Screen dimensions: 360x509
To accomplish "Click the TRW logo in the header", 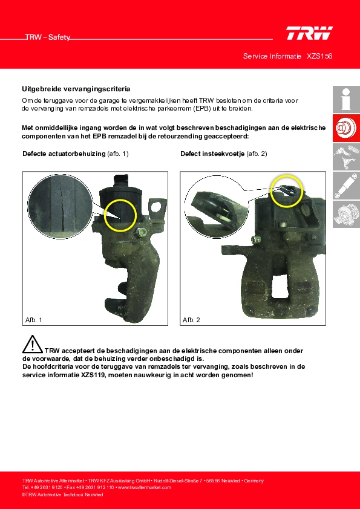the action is (309, 33).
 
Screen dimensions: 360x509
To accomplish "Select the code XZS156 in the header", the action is (319, 56).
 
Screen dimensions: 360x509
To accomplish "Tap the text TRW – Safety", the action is (48, 37).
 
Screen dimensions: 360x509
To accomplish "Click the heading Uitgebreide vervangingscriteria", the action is (76, 89).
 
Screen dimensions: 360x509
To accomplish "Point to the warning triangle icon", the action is (33, 344).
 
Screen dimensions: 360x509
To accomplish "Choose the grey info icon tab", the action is (346, 99).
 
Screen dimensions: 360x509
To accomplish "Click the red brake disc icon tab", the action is (346, 128).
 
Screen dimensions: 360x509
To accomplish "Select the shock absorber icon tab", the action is (346, 186).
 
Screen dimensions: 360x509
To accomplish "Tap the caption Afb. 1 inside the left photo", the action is (34, 320).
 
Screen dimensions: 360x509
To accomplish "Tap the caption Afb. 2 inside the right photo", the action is (191, 320).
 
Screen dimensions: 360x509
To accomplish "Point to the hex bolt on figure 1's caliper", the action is (140, 232).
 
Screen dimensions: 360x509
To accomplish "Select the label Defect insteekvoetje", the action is (212, 154).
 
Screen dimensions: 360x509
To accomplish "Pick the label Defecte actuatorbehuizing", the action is (64, 154).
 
